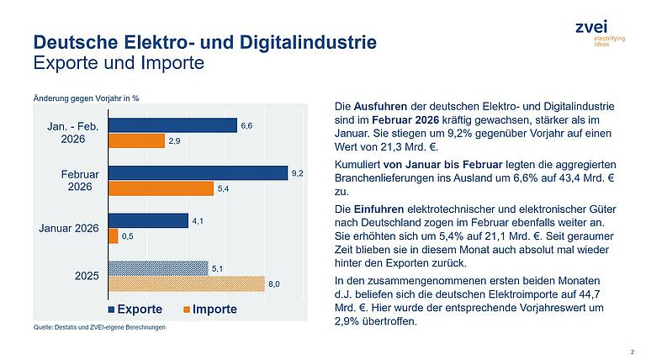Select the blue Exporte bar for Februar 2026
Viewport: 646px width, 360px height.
click(x=198, y=173)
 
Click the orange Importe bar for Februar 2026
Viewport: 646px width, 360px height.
click(x=161, y=188)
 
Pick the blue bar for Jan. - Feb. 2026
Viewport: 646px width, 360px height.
click(x=172, y=125)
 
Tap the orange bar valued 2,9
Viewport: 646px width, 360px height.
click(x=136, y=140)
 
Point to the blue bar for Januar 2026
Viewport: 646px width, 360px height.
click(x=148, y=220)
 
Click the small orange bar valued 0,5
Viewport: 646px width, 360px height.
click(x=113, y=236)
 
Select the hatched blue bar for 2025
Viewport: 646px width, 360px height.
click(x=157, y=268)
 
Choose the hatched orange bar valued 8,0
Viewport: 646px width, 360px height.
click(x=186, y=284)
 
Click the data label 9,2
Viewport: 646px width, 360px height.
click(x=297, y=173)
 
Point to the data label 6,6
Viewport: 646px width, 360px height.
click(x=246, y=125)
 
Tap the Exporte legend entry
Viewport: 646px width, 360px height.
click(x=135, y=309)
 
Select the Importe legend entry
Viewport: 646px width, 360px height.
click(x=209, y=309)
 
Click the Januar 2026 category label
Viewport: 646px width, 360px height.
click(x=70, y=228)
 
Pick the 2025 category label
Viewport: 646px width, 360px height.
click(x=87, y=276)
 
